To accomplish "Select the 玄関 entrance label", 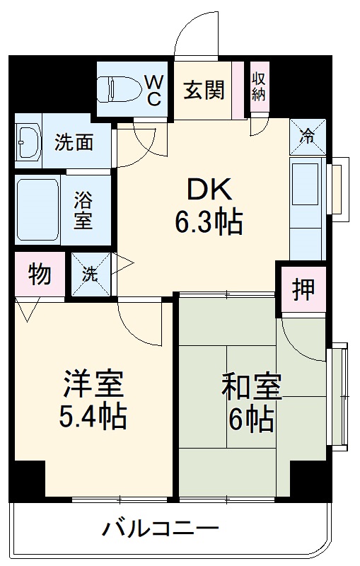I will click(x=204, y=90).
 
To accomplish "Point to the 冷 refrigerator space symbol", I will click(x=308, y=135).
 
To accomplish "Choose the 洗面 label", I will click(x=74, y=142).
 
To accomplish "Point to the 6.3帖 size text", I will click(x=209, y=223).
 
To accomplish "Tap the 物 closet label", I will click(x=39, y=274).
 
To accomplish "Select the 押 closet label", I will click(x=303, y=289).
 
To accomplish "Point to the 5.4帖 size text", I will click(x=93, y=417).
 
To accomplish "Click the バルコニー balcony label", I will click(x=160, y=528).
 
